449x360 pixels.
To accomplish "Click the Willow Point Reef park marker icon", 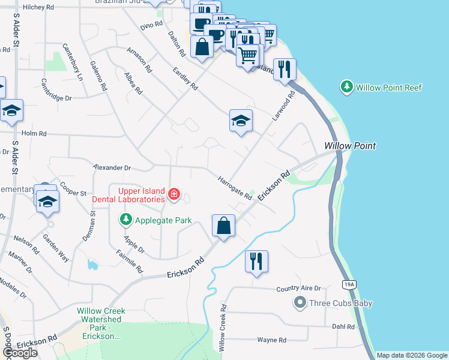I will pos(346,88).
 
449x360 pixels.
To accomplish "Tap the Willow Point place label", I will pos(350,146).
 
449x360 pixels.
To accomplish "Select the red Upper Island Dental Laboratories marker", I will pos(173,193).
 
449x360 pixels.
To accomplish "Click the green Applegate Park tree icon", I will pos(125,220).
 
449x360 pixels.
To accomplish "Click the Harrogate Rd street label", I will pos(235,188).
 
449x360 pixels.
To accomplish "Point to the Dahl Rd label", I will pos(343,327).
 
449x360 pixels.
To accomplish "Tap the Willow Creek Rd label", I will pos(222,328).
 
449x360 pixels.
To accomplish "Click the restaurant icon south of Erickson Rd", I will pos(256,261).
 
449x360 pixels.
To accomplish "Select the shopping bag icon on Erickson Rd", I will pos(223,226).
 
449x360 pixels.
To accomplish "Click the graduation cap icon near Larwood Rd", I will pos(240,121).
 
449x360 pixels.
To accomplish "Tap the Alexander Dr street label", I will pos(112,168).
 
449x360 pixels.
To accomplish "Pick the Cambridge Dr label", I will pos(56,97).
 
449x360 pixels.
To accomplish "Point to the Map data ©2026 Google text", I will pos(411,355).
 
